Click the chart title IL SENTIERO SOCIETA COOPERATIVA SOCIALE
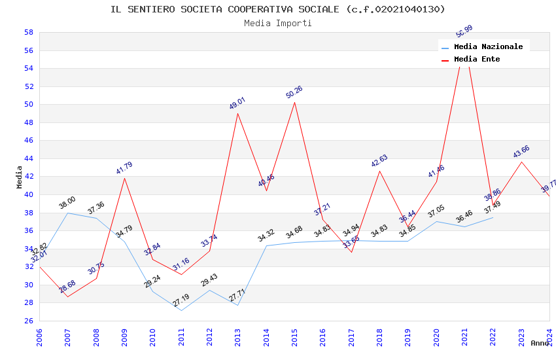277,9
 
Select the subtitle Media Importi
277,24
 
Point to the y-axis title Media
20,177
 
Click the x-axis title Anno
540,343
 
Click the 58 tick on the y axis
29,32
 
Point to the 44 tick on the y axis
29,158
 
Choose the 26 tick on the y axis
29,321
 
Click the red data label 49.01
237,103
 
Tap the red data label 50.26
294,92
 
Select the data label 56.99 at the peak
464,31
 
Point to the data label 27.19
181,300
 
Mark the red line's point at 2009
124,178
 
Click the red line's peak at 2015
294,102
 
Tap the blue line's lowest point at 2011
181,310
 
